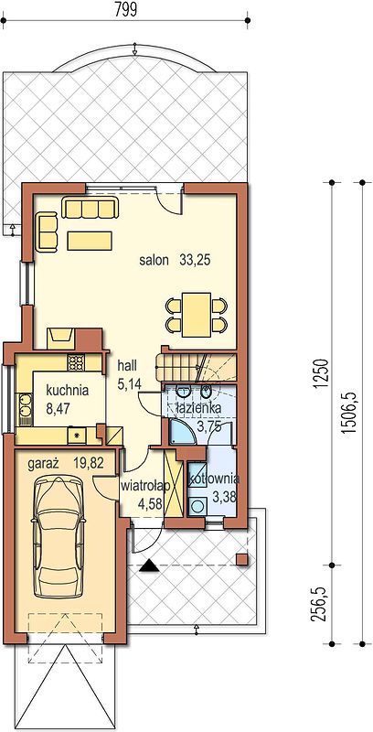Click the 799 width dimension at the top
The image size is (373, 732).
(125, 10)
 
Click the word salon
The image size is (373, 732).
(154, 261)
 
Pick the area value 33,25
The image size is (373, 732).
(196, 261)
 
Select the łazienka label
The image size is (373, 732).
(198, 409)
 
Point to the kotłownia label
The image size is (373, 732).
(214, 479)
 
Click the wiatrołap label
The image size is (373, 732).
(145, 486)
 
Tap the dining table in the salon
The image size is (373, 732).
(197, 314)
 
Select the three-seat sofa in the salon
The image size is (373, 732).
(90, 208)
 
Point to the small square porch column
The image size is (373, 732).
(241, 559)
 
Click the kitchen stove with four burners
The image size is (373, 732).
(75, 361)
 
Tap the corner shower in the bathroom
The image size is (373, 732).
(182, 430)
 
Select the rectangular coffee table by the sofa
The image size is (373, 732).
(90, 241)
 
